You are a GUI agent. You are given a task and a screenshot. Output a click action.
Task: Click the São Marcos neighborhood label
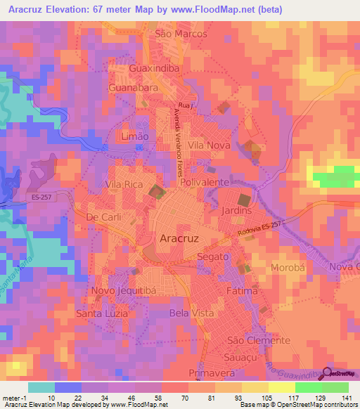coord(181,34)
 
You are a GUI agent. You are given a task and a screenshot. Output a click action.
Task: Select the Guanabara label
coord(133,89)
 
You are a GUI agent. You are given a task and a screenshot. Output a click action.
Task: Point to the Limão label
coord(135,137)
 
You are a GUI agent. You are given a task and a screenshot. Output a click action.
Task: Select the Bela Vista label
coord(187,311)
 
